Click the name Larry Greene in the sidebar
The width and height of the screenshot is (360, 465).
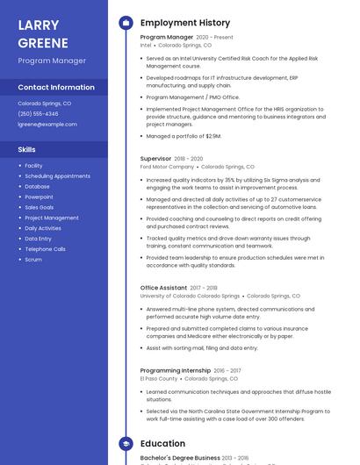[x=42, y=32]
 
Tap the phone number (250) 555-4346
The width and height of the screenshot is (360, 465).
[x=38, y=114]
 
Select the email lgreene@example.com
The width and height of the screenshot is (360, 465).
[x=47, y=125]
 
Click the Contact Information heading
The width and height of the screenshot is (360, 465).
[x=56, y=88]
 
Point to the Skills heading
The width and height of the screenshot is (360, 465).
[x=27, y=150]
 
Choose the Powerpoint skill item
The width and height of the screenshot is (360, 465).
[x=39, y=197]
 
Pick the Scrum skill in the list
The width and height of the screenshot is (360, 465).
[x=33, y=260]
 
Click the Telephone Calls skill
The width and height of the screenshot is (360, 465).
[x=45, y=249]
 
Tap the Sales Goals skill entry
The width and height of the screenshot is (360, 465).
[x=40, y=207]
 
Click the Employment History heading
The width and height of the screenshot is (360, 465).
[x=185, y=23]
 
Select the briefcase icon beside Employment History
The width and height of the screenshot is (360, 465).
[x=126, y=23]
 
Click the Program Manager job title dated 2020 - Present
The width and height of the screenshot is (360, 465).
[x=167, y=38]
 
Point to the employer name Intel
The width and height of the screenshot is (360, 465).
[x=146, y=46]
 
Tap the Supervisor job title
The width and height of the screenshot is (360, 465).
[x=155, y=159]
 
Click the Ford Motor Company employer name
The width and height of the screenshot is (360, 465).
[x=167, y=167]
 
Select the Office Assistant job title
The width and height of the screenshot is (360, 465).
[x=163, y=288]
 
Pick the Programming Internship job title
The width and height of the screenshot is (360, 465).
[x=175, y=371]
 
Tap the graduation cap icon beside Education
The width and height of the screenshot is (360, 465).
[x=126, y=444]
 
